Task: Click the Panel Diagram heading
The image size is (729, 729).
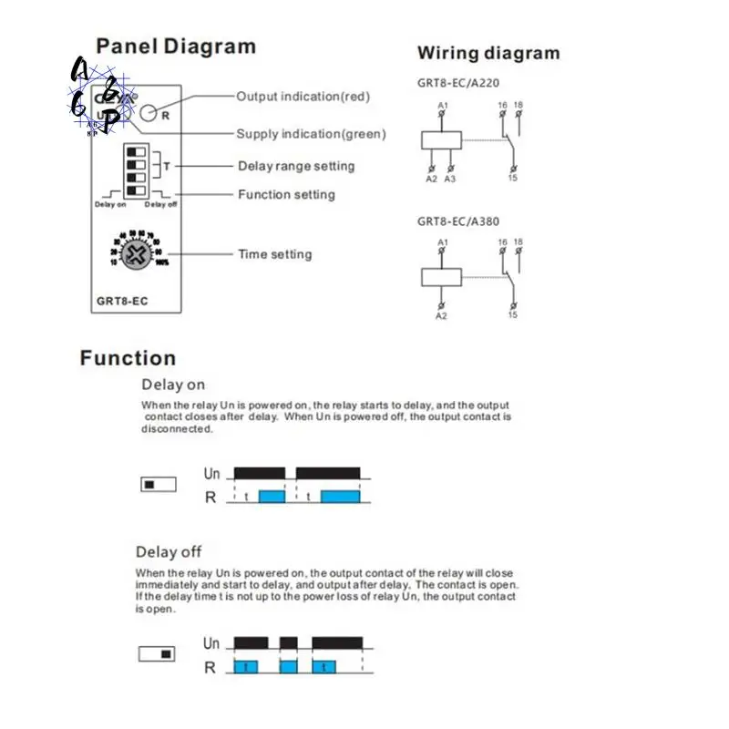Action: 176,46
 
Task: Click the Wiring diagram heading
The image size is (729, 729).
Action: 488,53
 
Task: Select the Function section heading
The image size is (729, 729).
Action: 128,358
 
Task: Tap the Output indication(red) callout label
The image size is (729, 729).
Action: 303,96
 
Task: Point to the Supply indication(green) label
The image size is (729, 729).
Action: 311,134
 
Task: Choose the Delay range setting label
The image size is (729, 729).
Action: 296,166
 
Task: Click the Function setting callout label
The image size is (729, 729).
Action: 286,194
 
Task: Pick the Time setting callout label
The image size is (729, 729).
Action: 274,254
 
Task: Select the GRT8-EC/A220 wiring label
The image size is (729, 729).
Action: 459,82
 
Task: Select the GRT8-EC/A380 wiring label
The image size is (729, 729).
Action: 459,221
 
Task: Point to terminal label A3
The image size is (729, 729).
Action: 449,180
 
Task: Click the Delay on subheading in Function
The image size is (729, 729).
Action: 173,385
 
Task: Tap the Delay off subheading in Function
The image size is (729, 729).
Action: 169,551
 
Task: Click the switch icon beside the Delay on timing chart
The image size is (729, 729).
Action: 159,485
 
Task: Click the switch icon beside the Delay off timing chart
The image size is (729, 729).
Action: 157,654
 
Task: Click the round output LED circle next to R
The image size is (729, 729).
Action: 149,114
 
